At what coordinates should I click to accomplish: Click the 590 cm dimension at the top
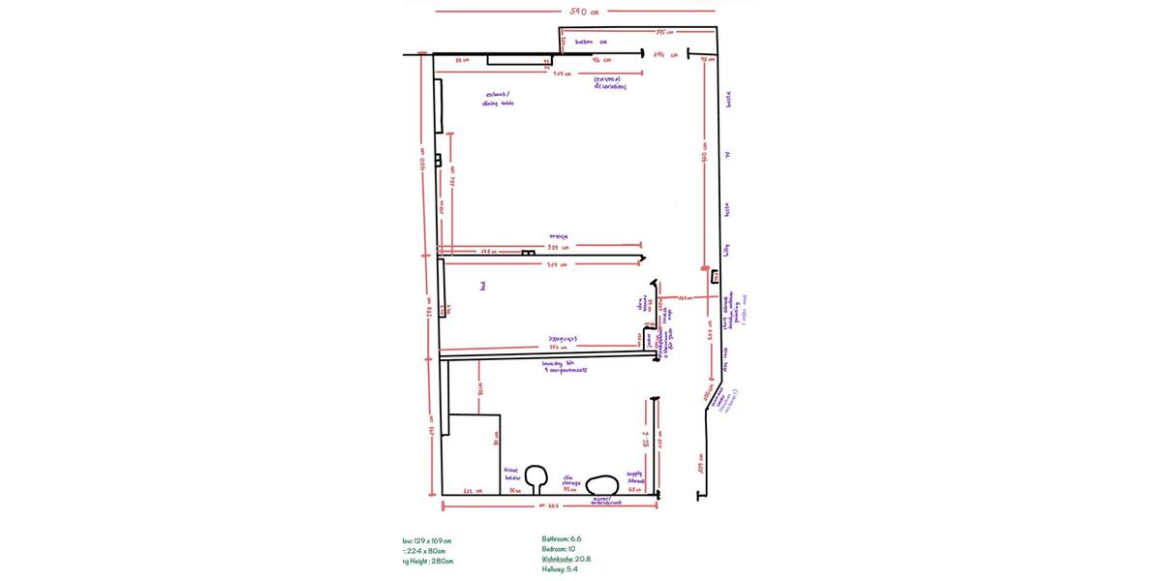tap(583, 12)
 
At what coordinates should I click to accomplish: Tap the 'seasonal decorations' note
tap(610, 83)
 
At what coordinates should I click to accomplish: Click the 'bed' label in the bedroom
tap(482, 286)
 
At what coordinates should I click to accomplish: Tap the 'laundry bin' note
tap(565, 366)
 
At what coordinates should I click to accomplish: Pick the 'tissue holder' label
tap(512, 474)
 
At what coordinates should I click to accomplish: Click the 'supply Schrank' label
tap(635, 477)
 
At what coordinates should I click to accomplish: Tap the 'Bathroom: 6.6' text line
tap(562, 538)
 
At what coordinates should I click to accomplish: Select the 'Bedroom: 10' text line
tap(559, 549)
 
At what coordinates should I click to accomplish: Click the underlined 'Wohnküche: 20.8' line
tap(566, 559)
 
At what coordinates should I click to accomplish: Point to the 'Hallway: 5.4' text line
tap(561, 569)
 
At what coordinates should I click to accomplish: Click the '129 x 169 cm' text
tap(427, 541)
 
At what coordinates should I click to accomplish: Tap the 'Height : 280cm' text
tap(428, 561)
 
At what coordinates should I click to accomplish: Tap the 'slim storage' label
tap(571, 480)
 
